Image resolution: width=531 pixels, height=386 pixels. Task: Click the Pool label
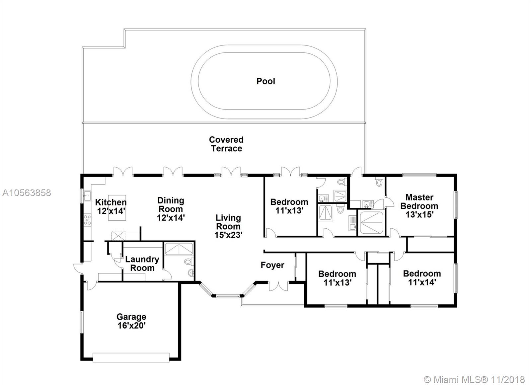(266, 81)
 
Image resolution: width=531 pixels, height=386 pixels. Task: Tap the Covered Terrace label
(226, 144)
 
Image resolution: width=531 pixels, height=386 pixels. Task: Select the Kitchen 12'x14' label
(111, 207)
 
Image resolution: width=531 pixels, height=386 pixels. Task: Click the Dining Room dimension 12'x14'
(171, 218)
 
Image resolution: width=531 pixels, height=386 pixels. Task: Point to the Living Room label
(228, 222)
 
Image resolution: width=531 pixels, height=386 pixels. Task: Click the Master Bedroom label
(419, 201)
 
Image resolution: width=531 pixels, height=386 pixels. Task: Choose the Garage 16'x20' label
(131, 321)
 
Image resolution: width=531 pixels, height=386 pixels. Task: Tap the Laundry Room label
(142, 264)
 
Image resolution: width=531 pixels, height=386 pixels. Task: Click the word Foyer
(272, 265)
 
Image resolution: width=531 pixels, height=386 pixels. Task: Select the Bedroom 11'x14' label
(422, 278)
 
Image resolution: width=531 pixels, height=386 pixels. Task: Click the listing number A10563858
(27, 193)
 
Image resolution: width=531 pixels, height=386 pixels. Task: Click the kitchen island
(117, 208)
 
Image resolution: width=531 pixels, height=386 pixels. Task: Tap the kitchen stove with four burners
(87, 220)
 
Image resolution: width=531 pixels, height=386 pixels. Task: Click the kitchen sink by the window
(87, 195)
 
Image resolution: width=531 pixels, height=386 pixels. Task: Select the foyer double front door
(278, 286)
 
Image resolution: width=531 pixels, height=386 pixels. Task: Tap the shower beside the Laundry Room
(179, 249)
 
